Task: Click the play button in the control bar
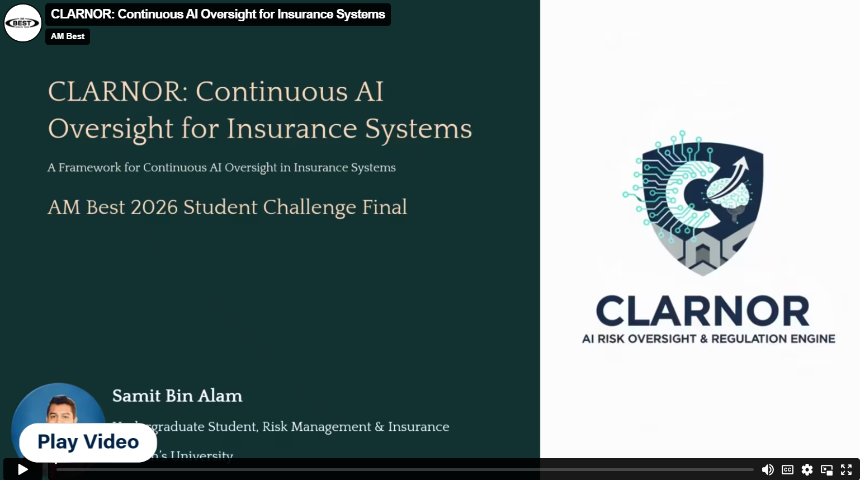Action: click(x=22, y=469)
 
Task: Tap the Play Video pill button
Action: click(x=88, y=442)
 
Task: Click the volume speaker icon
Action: click(x=768, y=470)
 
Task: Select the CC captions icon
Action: click(x=787, y=470)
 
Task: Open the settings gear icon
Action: click(x=807, y=470)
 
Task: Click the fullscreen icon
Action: click(x=846, y=470)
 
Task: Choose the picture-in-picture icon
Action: click(x=826, y=470)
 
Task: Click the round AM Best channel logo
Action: click(x=22, y=23)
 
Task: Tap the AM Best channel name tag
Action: click(x=68, y=36)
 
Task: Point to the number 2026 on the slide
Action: click(x=154, y=207)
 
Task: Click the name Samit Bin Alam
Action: click(x=177, y=396)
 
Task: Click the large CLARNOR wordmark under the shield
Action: click(x=702, y=312)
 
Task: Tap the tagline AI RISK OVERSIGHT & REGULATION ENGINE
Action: click(x=708, y=339)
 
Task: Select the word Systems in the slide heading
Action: click(x=418, y=129)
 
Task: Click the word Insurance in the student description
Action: click(x=418, y=427)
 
